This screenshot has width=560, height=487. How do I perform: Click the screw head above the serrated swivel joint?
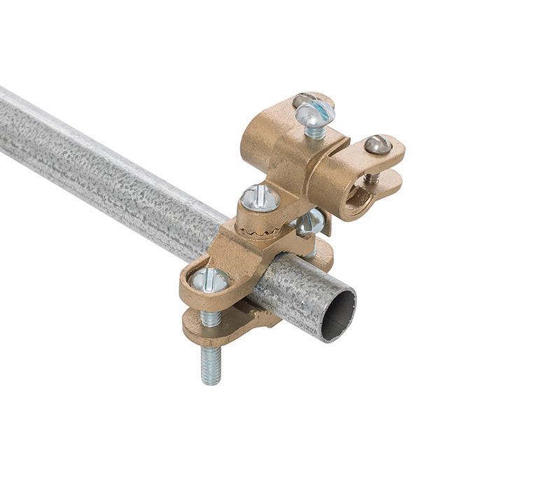[260, 198]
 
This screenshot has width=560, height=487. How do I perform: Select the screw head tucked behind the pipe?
[309, 222]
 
